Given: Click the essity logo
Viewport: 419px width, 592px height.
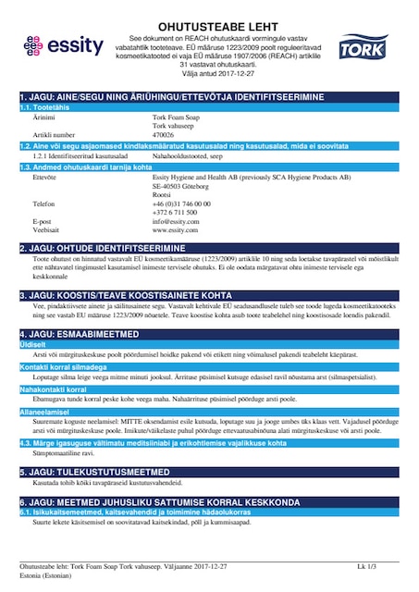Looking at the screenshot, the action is (57, 45).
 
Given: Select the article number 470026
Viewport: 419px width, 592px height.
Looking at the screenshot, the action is (163, 133).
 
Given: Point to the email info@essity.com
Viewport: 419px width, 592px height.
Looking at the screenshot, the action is (176, 221).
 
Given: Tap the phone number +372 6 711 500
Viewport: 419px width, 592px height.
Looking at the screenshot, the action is (174, 212).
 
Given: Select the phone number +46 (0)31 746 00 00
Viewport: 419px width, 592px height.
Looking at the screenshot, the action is (181, 203).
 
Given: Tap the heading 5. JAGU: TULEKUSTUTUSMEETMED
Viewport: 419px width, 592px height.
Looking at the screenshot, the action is (95, 471).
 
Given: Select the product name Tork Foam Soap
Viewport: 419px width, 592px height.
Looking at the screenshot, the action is (175, 117).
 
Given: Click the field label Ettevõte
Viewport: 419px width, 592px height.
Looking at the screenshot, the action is (44, 176).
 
